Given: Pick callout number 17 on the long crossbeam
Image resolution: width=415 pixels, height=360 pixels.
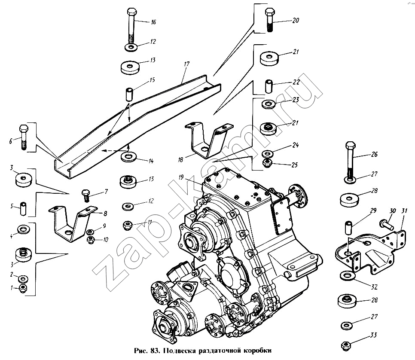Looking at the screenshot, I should pyautogui.click(x=186, y=64).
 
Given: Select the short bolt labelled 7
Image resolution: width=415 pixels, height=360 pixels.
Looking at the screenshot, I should pyautogui.click(x=85, y=196).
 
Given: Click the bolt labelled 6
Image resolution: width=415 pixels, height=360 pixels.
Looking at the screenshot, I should pyautogui.click(x=24, y=137).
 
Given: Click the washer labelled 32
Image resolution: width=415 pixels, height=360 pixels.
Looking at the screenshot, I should pyautogui.click(x=347, y=275).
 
